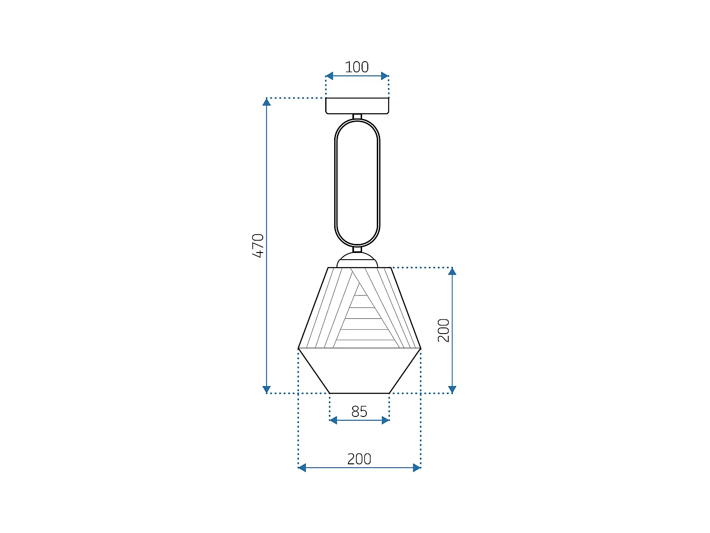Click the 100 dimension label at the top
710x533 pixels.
(x=356, y=67)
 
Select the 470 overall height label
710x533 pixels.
(x=258, y=245)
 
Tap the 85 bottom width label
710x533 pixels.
(x=359, y=411)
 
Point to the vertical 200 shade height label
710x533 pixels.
(x=444, y=330)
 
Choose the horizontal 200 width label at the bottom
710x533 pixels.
(x=359, y=459)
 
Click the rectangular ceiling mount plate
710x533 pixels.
(x=357, y=106)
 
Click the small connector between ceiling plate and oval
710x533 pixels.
(x=357, y=117)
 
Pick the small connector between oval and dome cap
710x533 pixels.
(x=357, y=249)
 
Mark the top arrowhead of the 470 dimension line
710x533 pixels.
(x=267, y=101)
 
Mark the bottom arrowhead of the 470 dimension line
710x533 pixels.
(x=267, y=389)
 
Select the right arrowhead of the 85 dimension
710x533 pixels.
(x=385, y=420)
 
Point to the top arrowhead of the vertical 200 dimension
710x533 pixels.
(x=452, y=271)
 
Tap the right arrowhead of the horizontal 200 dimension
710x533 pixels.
(x=417, y=468)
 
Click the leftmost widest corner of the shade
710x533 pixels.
(x=299, y=348)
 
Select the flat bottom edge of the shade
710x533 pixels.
(x=359, y=393)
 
